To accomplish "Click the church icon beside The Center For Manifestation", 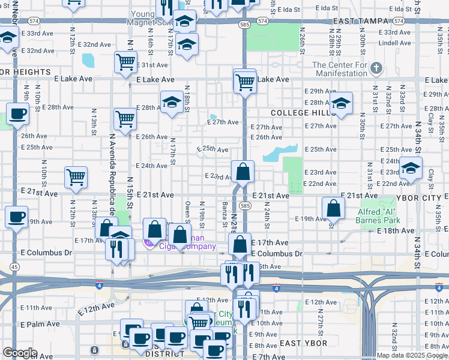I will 376,66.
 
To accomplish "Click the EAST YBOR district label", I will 304,343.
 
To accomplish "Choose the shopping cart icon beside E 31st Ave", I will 125,62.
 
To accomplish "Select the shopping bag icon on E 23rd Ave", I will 243,172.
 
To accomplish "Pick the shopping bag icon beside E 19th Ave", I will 333,208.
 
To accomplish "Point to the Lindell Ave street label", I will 395,43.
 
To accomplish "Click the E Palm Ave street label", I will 38,324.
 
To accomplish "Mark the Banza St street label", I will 224,212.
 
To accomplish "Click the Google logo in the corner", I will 20,353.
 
